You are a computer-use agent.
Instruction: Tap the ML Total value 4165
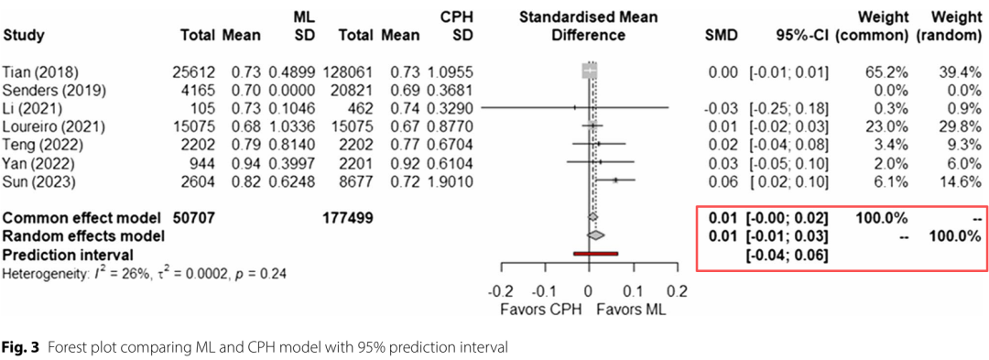[x=200, y=89]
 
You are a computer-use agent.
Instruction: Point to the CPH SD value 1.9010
[x=452, y=182]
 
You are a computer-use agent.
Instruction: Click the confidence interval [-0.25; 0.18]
[x=788, y=108]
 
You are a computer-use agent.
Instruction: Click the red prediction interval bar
[x=596, y=254]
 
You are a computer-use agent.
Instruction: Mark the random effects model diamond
[x=595, y=235]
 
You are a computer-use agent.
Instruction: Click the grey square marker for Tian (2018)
[x=589, y=71]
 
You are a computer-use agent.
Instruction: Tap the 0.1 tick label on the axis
[x=633, y=291]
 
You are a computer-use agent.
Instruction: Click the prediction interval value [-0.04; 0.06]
[x=788, y=255]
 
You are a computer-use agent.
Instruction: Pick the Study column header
[x=24, y=36]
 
